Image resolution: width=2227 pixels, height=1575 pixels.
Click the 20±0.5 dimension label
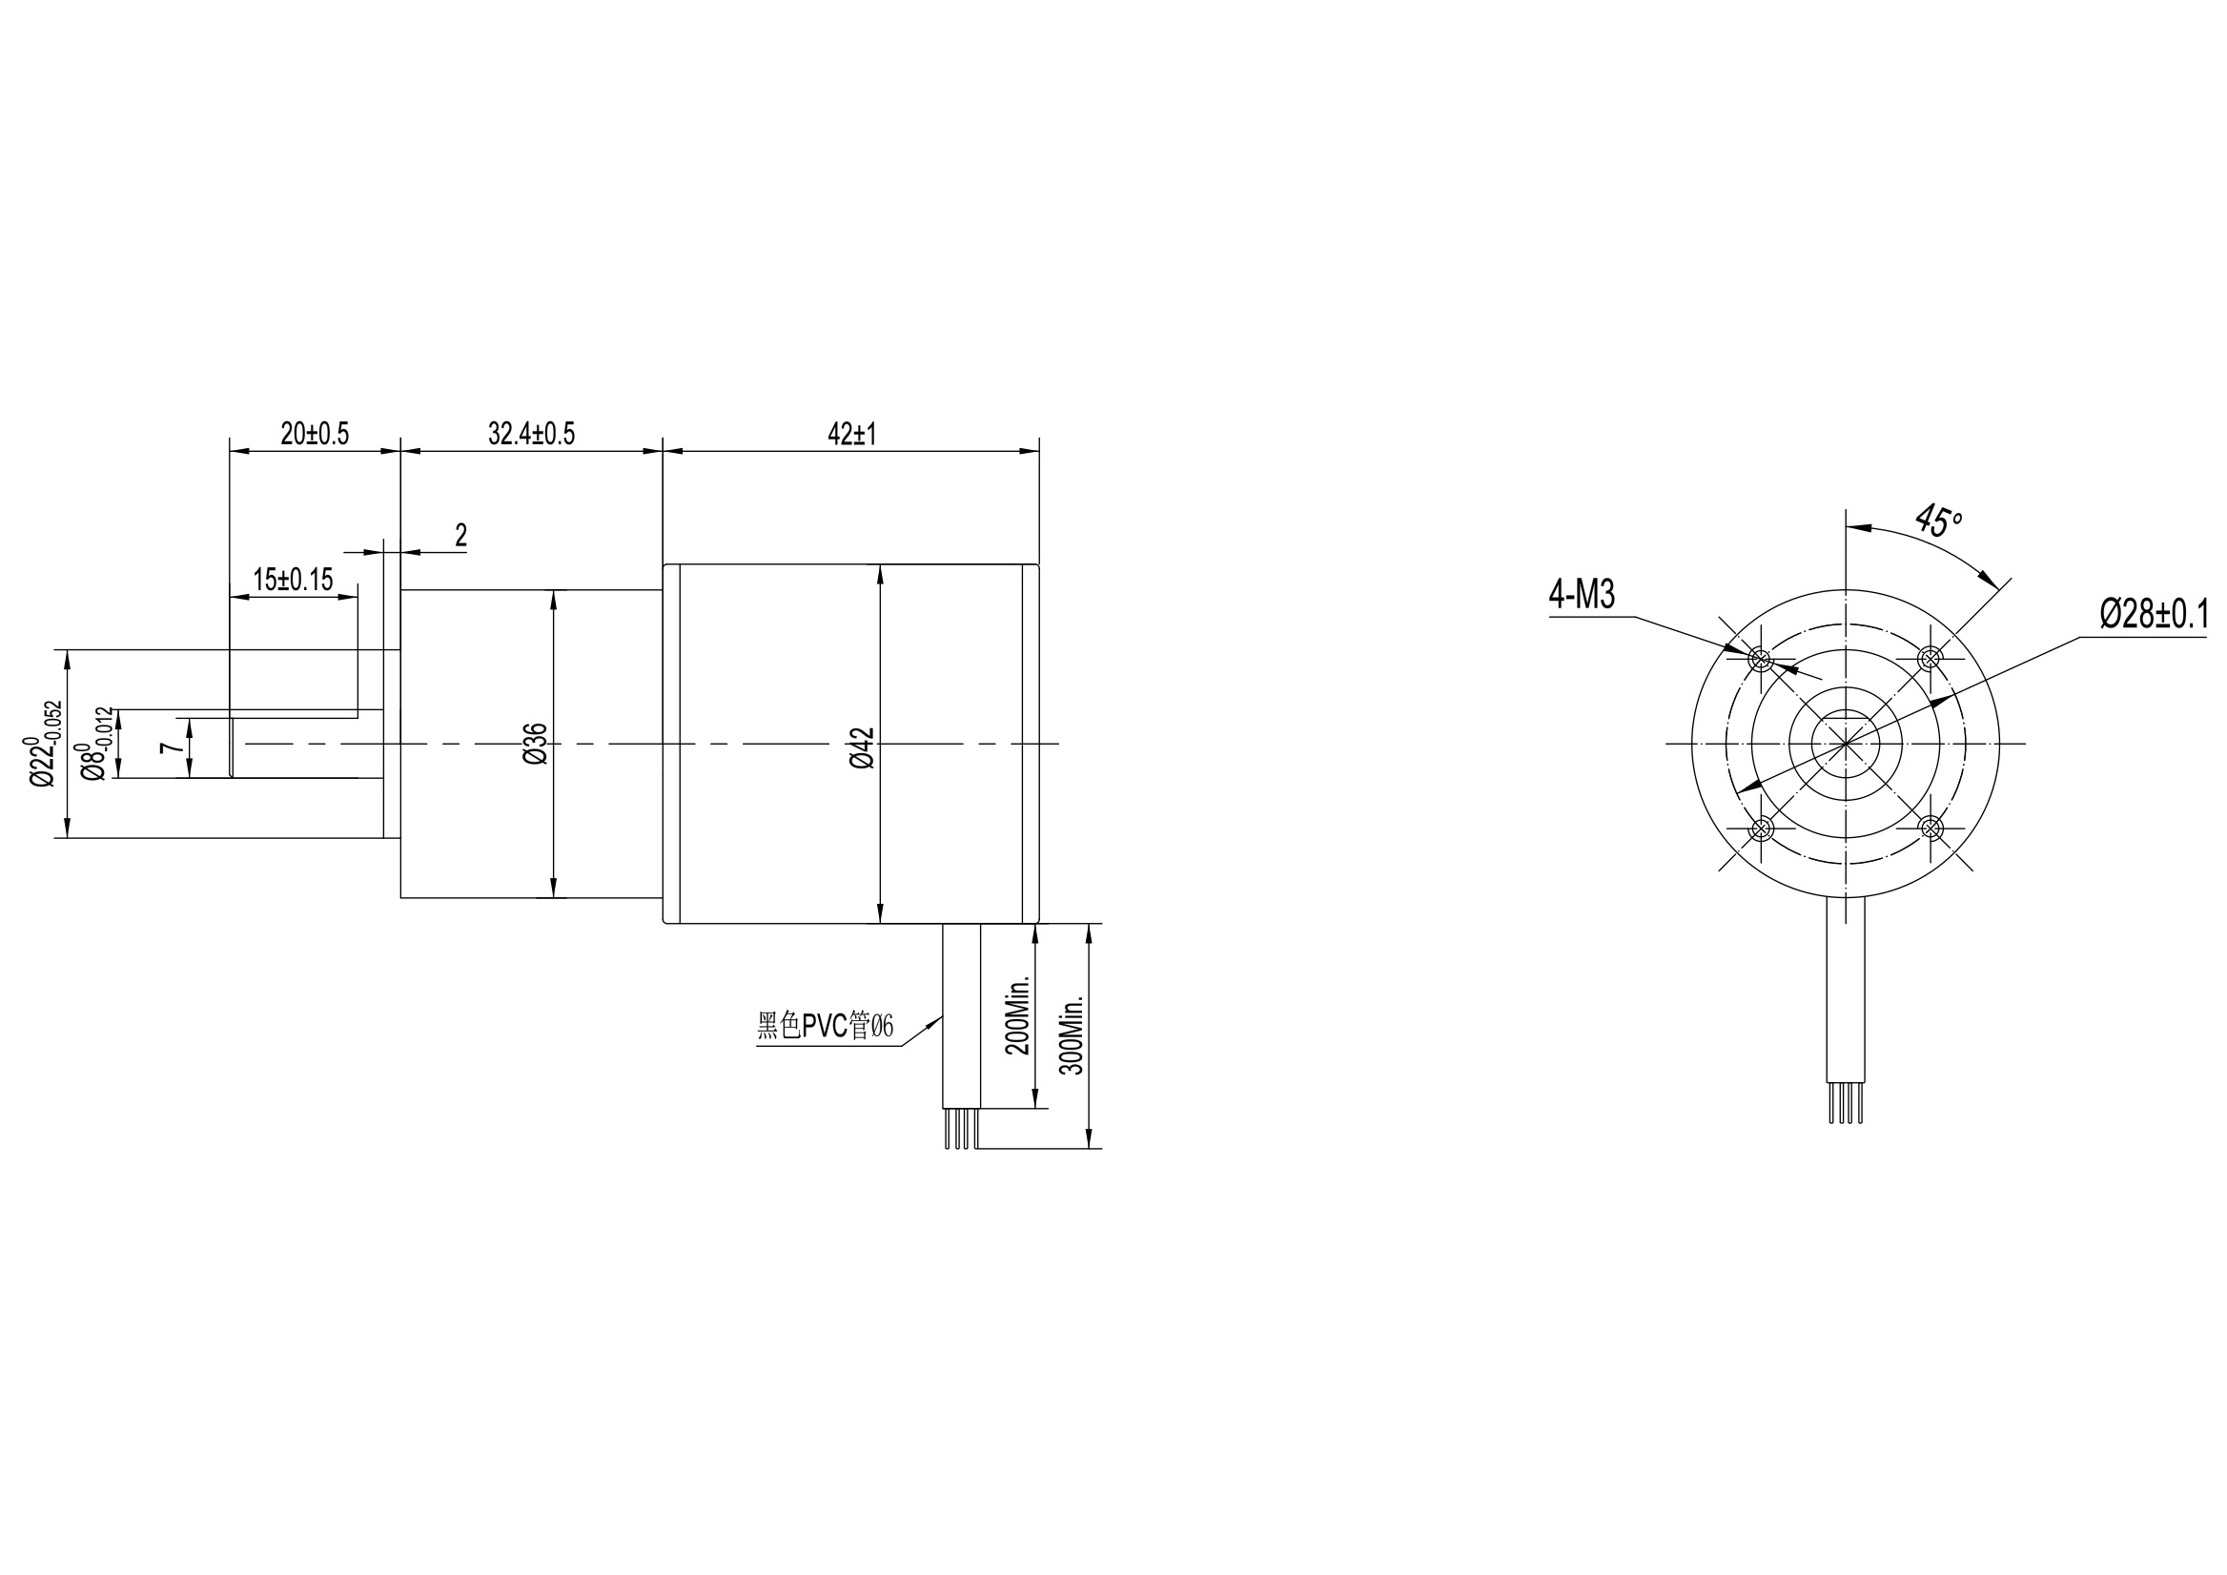315,434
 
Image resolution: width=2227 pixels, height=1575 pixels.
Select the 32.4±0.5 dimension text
531,434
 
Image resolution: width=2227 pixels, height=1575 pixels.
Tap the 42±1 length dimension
851,434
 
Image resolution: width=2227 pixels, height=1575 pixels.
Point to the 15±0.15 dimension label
293,580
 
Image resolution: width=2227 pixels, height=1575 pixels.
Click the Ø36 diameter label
537,744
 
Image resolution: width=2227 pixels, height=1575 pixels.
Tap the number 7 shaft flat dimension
171,747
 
